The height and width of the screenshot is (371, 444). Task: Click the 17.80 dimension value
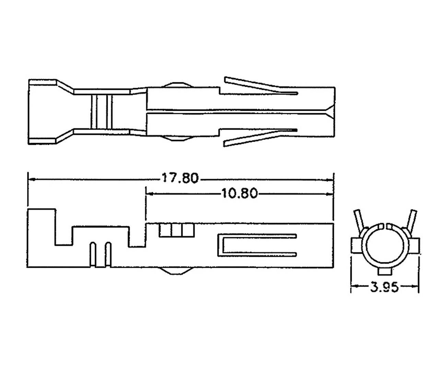tap(180, 178)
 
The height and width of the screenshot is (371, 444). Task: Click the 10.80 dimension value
tap(239, 194)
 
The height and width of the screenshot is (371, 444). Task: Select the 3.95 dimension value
tap(384, 287)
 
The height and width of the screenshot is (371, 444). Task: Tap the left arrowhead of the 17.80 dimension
tap(31, 179)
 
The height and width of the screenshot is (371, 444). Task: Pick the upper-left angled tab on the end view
tap(358, 220)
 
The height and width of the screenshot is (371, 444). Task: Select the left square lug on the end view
tap(355, 246)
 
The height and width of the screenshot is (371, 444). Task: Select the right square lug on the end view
tap(414, 246)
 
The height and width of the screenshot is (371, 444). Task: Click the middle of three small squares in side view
tap(177, 230)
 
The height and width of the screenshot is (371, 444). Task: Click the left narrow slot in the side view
tap(92, 254)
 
